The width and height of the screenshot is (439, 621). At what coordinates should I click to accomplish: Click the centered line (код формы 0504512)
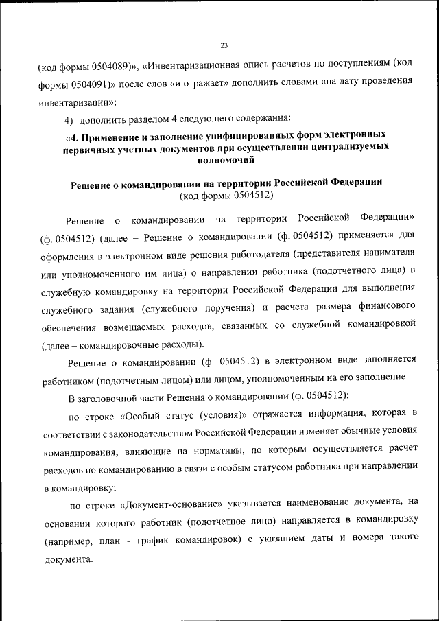click(x=226, y=196)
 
